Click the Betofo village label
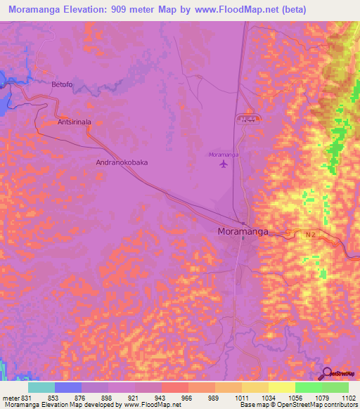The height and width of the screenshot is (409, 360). coord(62,84)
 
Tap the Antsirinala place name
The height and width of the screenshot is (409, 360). coord(75,122)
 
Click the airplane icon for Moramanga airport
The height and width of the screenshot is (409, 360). coord(224,164)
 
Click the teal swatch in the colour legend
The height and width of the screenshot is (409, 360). coord(41,387)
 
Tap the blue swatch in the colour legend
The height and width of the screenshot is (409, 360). coord(68,387)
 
